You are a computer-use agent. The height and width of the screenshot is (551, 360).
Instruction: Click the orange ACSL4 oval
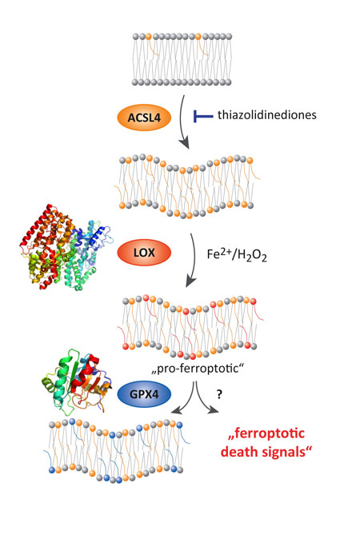[144, 118]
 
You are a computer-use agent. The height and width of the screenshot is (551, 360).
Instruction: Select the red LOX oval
[144, 252]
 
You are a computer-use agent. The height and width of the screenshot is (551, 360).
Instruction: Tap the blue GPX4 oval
[144, 394]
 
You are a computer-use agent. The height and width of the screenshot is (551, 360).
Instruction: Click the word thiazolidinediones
[267, 115]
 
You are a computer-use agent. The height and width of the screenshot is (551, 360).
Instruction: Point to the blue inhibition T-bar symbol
[203, 116]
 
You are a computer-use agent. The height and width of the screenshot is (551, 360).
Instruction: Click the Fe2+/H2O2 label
[237, 254]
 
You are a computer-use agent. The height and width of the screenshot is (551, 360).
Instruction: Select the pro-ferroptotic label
[198, 369]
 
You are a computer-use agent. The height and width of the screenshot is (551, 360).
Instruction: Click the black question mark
[219, 394]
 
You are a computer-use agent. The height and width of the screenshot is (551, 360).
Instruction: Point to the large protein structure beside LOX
[66, 247]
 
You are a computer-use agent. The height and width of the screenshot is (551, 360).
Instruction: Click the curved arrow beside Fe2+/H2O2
[194, 260]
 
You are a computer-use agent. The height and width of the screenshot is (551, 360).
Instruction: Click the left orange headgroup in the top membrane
[148, 36]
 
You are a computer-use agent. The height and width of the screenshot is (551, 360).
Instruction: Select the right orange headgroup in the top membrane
[198, 36]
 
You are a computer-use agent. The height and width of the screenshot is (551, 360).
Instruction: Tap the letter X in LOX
[151, 252]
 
